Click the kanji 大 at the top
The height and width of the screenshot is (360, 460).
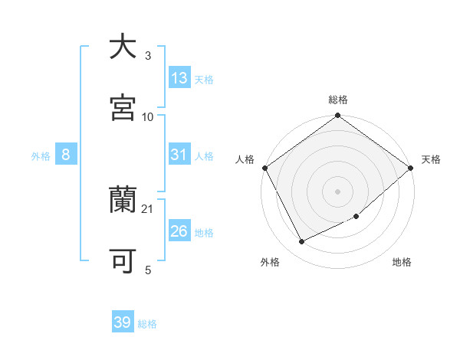point(123,47)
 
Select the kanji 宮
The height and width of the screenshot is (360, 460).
point(123,108)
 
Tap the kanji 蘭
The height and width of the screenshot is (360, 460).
point(123,201)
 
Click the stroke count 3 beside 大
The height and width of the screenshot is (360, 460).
point(148,56)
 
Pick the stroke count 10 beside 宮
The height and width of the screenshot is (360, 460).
point(148,116)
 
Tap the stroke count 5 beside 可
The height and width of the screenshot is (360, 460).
point(148,270)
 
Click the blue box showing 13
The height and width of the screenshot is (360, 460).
point(179,78)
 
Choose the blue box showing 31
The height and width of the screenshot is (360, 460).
point(179,155)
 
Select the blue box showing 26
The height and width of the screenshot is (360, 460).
point(179,231)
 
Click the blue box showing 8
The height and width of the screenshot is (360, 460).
point(66,155)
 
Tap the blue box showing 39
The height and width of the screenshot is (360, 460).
point(123,322)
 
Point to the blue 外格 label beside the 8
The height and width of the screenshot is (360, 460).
point(41,156)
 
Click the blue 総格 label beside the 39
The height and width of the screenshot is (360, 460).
point(147,324)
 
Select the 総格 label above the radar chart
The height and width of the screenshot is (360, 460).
point(337,100)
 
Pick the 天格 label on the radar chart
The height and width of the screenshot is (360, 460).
point(431,159)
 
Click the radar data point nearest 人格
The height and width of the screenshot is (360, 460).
point(264,168)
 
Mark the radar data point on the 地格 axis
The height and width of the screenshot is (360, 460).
point(356,217)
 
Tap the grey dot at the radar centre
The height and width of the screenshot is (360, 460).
point(337,191)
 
